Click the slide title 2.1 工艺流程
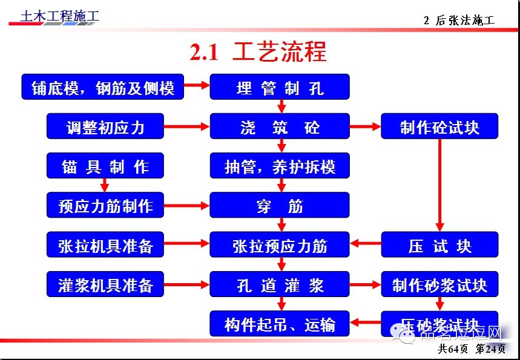tap(258, 52)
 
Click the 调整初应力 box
tap(105, 127)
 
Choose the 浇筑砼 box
tap(280, 127)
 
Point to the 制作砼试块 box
tap(439, 127)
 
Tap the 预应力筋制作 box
tap(105, 206)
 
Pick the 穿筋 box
tap(280, 206)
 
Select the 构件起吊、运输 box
tap(280, 324)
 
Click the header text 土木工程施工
tap(59, 16)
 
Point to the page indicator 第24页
tap(491, 349)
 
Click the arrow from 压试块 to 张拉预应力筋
tap(366, 245)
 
